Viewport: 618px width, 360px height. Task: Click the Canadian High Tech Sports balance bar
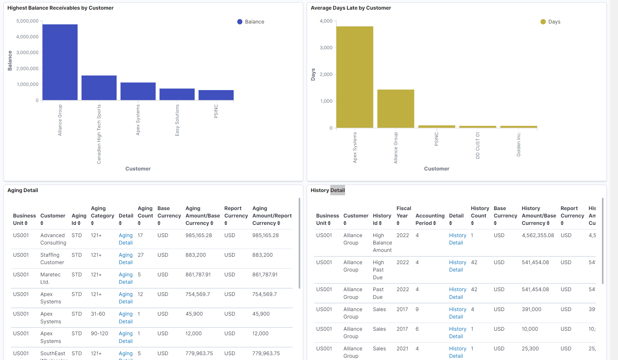click(x=99, y=88)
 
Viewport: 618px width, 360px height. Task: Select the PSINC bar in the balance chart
click(x=216, y=95)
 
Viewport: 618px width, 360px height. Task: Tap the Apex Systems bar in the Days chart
click(x=355, y=77)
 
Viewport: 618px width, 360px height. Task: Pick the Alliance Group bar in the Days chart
click(x=396, y=109)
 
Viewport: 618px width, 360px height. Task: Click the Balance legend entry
click(x=251, y=22)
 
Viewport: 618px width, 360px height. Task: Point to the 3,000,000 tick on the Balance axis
click(x=27, y=52)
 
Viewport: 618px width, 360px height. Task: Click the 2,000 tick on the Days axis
click(x=326, y=74)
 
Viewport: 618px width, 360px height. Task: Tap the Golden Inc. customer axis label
click(x=518, y=144)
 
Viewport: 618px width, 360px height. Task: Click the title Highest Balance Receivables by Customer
click(x=61, y=8)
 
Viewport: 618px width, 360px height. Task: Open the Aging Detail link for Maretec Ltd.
click(x=126, y=278)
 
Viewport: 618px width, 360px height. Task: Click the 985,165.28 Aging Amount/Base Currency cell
click(x=199, y=235)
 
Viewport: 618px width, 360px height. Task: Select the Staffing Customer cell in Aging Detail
click(x=52, y=258)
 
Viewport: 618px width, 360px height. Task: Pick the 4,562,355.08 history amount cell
click(x=538, y=235)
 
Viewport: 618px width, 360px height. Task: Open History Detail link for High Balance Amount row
click(x=457, y=239)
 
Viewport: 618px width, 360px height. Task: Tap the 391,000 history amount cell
click(x=531, y=309)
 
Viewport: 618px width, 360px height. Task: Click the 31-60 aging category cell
click(x=98, y=314)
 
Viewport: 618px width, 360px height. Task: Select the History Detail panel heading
click(x=327, y=190)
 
